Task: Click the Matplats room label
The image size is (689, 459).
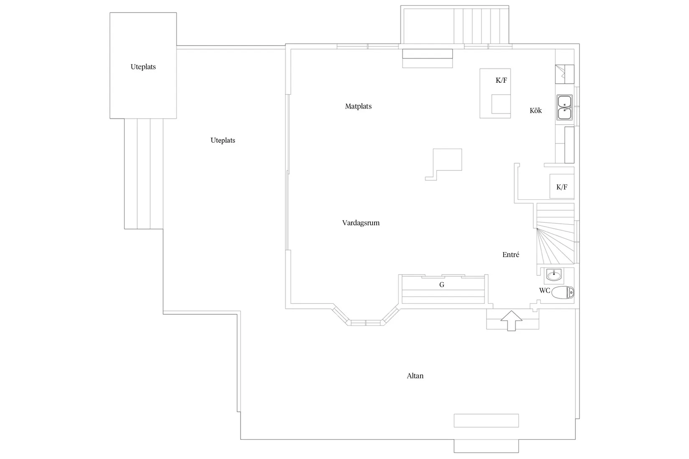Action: click(x=358, y=106)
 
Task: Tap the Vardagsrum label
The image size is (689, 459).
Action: click(x=361, y=223)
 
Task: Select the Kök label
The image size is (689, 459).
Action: click(x=535, y=111)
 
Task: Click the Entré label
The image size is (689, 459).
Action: click(x=511, y=255)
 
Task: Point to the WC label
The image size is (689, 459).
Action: click(x=544, y=290)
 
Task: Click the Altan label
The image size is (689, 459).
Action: click(x=415, y=376)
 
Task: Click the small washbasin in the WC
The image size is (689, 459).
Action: click(x=554, y=275)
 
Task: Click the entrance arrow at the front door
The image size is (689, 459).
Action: click(x=512, y=320)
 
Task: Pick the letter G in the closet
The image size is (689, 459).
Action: click(x=442, y=285)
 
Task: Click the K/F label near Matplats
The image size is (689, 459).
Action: click(x=501, y=81)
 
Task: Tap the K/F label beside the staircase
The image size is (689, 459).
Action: click(x=562, y=187)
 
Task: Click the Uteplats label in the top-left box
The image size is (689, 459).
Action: click(x=143, y=67)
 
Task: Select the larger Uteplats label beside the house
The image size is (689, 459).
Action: click(x=223, y=141)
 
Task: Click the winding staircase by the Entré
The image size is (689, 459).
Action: click(x=555, y=234)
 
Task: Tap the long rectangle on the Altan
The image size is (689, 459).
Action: click(x=486, y=420)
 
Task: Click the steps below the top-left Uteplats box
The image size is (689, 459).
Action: click(x=143, y=173)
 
